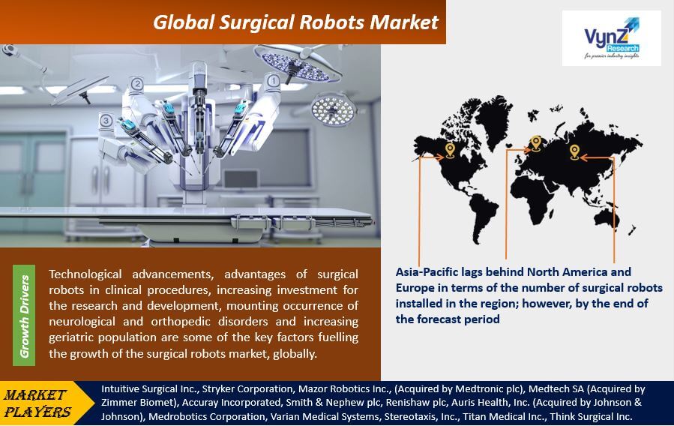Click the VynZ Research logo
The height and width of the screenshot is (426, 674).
(611, 38)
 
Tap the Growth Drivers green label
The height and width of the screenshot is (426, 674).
(24, 315)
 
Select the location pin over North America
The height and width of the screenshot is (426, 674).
(450, 151)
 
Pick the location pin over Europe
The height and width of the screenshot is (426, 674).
(535, 143)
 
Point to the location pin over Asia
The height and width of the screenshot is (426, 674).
(574, 152)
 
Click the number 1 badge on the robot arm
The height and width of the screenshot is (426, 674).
(273, 80)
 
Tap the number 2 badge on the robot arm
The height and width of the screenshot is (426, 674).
(136, 83)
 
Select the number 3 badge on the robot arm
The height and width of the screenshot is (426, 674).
(106, 120)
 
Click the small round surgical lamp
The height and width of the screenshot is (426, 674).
(333, 109)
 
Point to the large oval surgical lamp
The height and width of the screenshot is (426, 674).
(298, 64)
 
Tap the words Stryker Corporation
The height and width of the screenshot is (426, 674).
(247, 389)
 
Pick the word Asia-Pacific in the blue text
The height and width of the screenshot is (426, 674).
(423, 272)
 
